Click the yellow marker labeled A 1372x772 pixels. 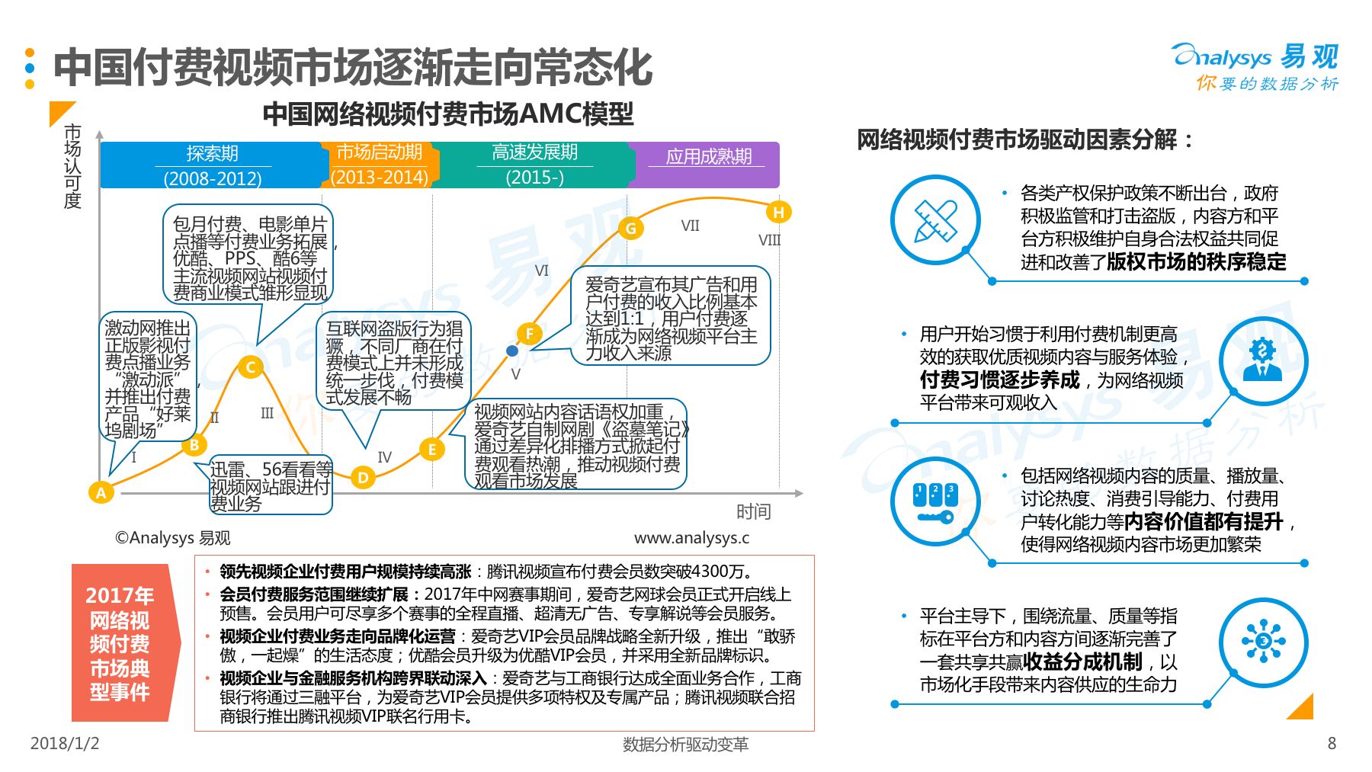point(101,492)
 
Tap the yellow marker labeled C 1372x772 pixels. point(250,367)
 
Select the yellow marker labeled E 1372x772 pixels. point(431,450)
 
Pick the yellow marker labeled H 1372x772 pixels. point(778,212)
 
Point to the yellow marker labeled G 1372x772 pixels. point(630,228)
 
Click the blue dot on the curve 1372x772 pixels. point(512,351)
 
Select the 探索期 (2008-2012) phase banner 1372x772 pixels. point(213,165)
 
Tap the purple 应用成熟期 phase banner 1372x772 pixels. point(706,165)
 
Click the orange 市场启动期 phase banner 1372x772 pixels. point(380,165)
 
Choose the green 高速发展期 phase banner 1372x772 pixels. point(534,165)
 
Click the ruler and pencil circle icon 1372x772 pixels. point(935,220)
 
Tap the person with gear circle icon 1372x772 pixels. point(1263,361)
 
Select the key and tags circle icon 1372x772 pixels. point(935,501)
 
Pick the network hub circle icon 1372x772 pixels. point(1263,642)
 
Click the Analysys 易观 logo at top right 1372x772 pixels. point(1255,67)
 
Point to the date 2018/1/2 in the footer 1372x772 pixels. point(65,743)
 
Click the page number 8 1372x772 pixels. point(1332,743)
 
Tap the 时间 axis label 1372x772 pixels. point(753,511)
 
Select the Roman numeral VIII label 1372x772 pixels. point(769,240)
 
